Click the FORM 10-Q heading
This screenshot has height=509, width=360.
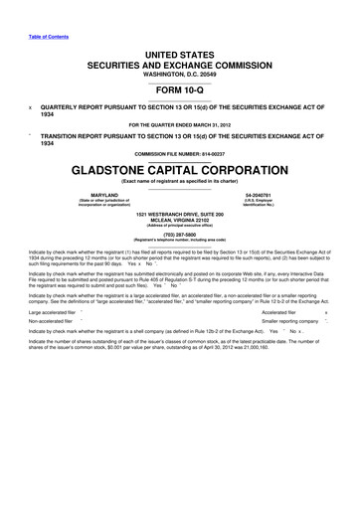coord(179,90)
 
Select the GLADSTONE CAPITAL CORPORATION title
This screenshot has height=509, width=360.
coord(179,170)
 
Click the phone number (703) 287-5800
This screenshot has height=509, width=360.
coord(179,235)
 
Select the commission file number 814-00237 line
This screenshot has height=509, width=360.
coord(179,153)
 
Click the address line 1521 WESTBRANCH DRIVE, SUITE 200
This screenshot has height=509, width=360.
coord(179,215)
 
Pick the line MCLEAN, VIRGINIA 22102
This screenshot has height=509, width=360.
coord(179,221)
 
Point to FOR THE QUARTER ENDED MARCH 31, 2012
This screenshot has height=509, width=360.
coord(179,123)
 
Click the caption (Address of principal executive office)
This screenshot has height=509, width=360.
coord(179,227)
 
